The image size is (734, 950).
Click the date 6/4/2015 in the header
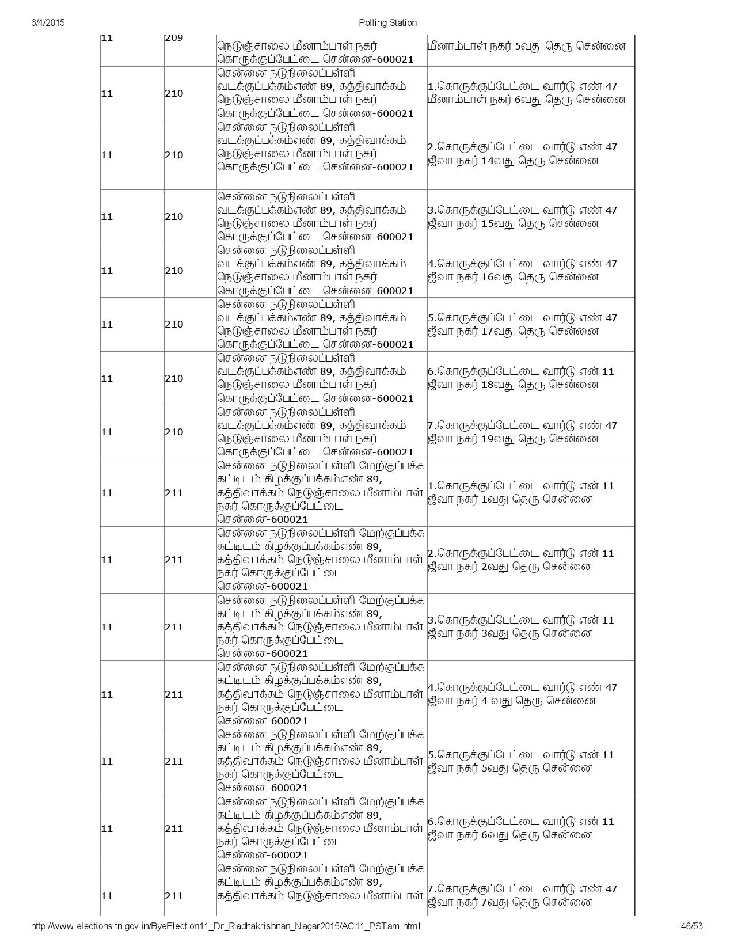click(x=48, y=22)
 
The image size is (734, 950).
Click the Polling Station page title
click(x=387, y=22)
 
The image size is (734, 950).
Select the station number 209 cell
click(x=174, y=38)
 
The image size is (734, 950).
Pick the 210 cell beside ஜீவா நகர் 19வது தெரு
click(x=174, y=432)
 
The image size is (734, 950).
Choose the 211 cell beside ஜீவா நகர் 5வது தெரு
click(x=174, y=761)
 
